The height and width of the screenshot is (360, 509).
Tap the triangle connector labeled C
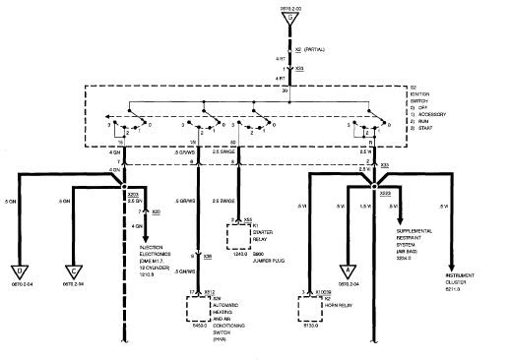(x=73, y=270)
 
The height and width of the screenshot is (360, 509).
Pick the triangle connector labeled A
(x=349, y=271)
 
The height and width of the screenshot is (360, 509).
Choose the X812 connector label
(x=210, y=292)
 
